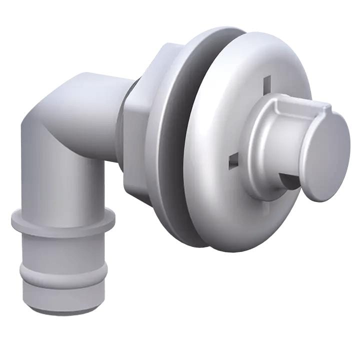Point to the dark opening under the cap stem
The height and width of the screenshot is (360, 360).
click(290, 180)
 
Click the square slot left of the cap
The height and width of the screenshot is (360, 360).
click(232, 161)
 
